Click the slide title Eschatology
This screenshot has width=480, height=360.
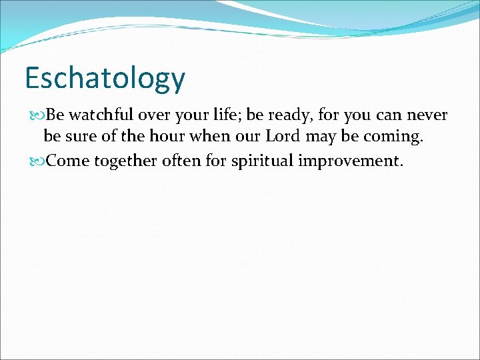(x=105, y=79)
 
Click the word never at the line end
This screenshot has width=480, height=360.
(x=427, y=115)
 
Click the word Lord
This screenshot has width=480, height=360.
(x=286, y=137)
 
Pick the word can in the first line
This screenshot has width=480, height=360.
(x=389, y=115)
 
